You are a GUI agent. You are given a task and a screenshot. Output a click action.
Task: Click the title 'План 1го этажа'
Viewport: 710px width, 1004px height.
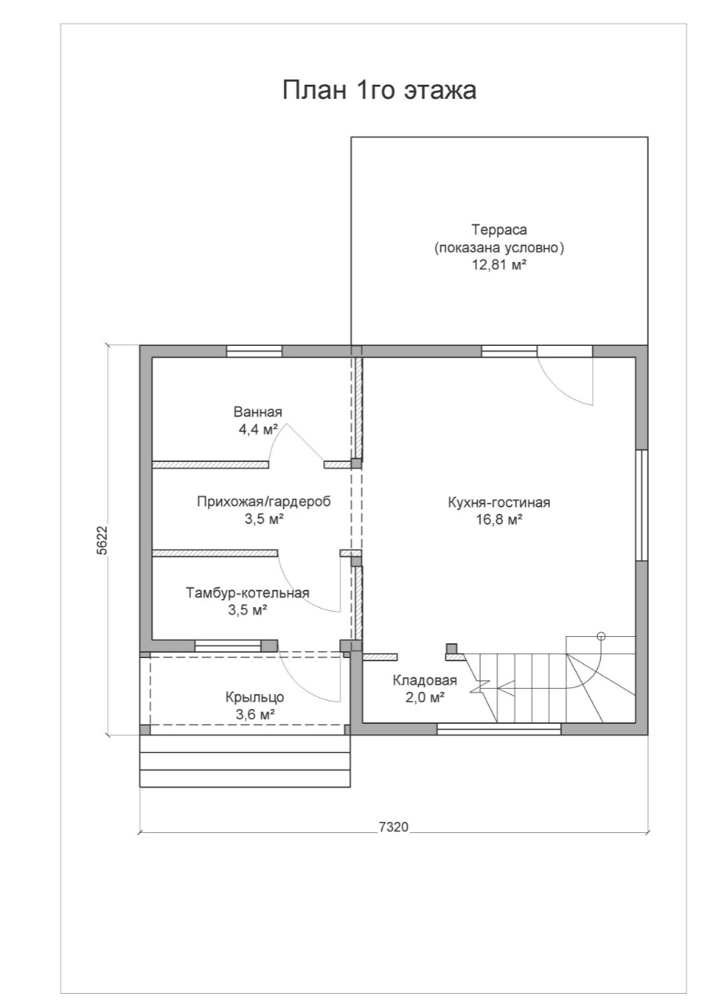pos(379,90)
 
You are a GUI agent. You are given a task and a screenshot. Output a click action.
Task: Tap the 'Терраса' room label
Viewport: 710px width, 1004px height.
pos(499,230)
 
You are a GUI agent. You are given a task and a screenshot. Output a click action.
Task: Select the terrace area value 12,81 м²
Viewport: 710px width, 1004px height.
pos(498,264)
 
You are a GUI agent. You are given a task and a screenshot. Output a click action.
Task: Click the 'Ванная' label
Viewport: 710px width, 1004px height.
pos(258,412)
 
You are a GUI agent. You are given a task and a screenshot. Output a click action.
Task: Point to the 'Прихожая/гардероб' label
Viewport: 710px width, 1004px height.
pos(264,501)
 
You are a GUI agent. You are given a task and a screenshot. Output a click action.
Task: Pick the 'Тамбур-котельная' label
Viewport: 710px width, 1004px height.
pos(248,592)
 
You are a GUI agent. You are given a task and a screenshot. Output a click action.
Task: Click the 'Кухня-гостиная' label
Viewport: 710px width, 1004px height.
pos(499,503)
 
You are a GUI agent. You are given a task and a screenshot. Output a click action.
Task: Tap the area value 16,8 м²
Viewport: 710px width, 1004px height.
pos(499,520)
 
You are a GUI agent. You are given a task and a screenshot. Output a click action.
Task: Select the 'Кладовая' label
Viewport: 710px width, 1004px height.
pos(425,680)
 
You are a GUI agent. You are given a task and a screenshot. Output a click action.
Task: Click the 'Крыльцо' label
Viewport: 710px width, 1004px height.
pos(255,697)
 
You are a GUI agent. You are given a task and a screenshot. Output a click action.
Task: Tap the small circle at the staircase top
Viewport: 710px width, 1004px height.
pos(602,635)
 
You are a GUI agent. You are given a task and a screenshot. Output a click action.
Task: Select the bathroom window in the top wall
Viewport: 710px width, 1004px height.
pos(254,351)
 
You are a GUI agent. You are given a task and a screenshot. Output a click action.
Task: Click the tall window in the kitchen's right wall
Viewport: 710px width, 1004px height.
pos(642,505)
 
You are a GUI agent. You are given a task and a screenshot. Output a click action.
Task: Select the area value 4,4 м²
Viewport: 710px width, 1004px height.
pos(258,429)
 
